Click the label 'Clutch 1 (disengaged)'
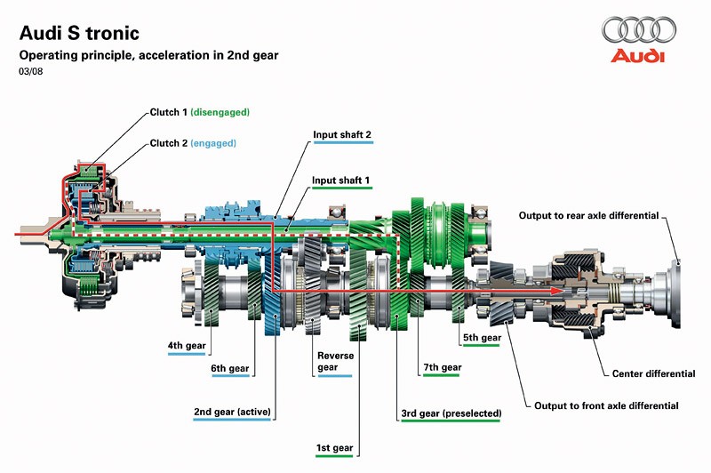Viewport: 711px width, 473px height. pyautogui.click(x=199, y=113)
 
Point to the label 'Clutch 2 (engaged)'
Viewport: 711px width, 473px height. pyautogui.click(x=193, y=142)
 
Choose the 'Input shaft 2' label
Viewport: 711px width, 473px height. pyautogui.click(x=341, y=135)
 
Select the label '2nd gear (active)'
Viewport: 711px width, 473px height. pyautogui.click(x=232, y=412)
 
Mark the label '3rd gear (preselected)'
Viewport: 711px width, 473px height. pyautogui.click(x=451, y=413)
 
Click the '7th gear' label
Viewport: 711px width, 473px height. pyautogui.click(x=443, y=367)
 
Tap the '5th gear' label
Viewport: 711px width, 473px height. pyautogui.click(x=482, y=338)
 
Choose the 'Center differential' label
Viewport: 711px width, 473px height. pyautogui.click(x=653, y=373)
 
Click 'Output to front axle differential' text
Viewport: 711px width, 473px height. pyautogui.click(x=606, y=405)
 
